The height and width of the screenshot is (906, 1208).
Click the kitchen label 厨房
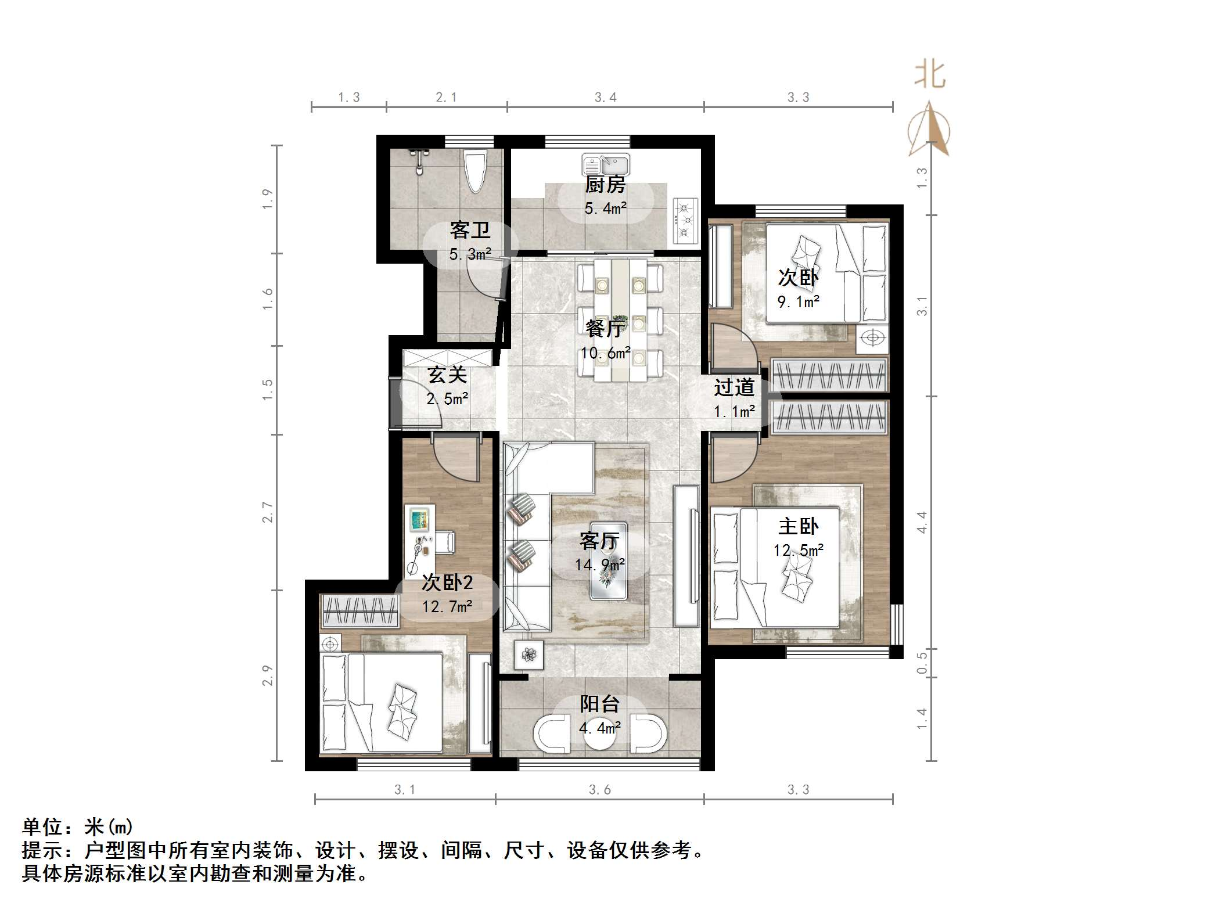605,185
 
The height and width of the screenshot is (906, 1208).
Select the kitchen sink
606,165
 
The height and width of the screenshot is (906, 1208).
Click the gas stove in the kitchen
685,220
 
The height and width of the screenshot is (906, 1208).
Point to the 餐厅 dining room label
605,329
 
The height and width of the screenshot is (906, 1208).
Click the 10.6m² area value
605,353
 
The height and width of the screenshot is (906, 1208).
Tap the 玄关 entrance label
447,375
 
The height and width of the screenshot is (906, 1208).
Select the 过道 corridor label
734,387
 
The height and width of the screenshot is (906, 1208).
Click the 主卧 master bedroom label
798,526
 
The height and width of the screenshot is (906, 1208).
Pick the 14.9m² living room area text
599,565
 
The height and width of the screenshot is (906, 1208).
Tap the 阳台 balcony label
599,704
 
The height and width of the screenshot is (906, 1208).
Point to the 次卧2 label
447,583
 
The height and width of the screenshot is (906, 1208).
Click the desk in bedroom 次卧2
420,540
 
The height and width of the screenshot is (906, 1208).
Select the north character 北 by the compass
930,75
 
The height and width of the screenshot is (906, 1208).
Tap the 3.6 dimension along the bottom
599,790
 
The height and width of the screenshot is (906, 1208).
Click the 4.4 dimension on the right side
922,522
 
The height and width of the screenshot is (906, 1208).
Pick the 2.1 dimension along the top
446,98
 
